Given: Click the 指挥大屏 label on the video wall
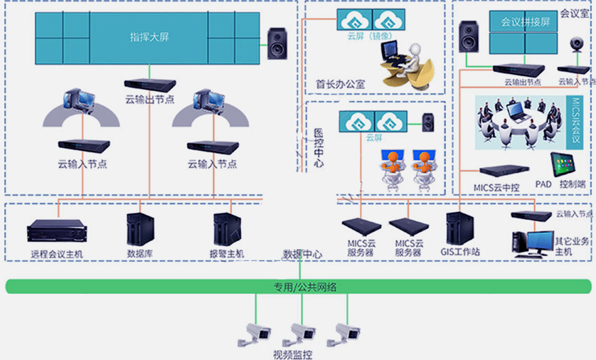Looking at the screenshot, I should [149, 36].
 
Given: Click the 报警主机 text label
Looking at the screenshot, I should [227, 253].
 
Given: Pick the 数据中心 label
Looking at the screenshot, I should [302, 254].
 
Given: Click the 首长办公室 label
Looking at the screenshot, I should [340, 84].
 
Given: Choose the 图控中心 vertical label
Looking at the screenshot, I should [319, 149].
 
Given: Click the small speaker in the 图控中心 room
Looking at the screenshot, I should [427, 122].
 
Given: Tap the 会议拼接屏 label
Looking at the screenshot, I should [526, 21].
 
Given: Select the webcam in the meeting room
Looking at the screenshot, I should [574, 46].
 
